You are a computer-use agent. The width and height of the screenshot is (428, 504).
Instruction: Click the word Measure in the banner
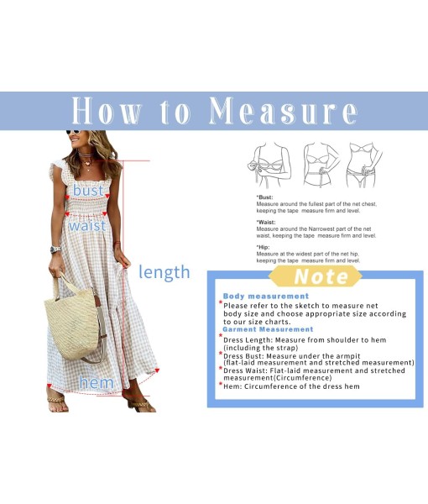283,111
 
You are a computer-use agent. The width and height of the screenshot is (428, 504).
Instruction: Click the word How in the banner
107,111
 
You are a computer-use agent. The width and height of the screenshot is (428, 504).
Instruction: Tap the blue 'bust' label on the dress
88,190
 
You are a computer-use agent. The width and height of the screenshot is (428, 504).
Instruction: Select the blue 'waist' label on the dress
87,225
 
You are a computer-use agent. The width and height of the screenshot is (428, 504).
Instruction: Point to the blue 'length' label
164,272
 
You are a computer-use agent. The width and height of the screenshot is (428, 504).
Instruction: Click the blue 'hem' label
97,382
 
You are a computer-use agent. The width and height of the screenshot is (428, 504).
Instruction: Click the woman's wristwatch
55,249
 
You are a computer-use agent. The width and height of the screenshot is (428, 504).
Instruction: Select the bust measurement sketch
269,165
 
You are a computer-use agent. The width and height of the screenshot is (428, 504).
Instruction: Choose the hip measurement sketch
364,165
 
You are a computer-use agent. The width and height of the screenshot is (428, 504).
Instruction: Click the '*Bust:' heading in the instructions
264,197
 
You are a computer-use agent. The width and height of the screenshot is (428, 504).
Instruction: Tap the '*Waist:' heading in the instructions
266,222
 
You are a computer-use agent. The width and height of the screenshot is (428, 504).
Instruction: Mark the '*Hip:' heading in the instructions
263,247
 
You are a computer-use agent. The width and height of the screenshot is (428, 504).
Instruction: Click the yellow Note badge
316,276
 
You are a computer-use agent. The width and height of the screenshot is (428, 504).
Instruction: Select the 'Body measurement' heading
266,296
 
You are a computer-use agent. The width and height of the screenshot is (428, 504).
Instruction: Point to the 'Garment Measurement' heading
268,329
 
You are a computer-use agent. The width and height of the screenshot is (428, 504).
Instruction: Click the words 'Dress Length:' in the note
248,339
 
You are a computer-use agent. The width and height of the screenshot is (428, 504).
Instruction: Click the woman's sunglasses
73,132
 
